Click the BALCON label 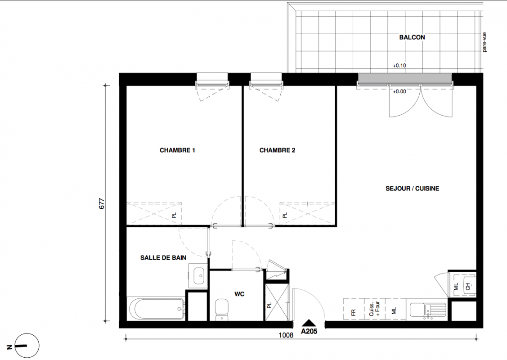click(412, 37)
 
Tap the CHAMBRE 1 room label click(177, 150)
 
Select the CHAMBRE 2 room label click(277, 150)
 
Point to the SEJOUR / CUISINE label click(412, 188)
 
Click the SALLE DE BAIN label click(163, 258)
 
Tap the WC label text click(239, 294)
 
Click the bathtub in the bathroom click(157, 309)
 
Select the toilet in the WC click(221, 309)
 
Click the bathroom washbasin click(198, 276)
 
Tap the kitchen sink click(428, 311)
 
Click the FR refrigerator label click(353, 313)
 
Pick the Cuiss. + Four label click(374, 309)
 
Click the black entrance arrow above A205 click(309, 323)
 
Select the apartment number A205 click(309, 331)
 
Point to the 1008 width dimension click(286, 335)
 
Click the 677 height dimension click(102, 203)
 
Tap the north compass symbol click(27, 346)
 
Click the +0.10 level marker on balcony click(399, 66)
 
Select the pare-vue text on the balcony click(485, 42)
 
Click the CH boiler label click(468, 287)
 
